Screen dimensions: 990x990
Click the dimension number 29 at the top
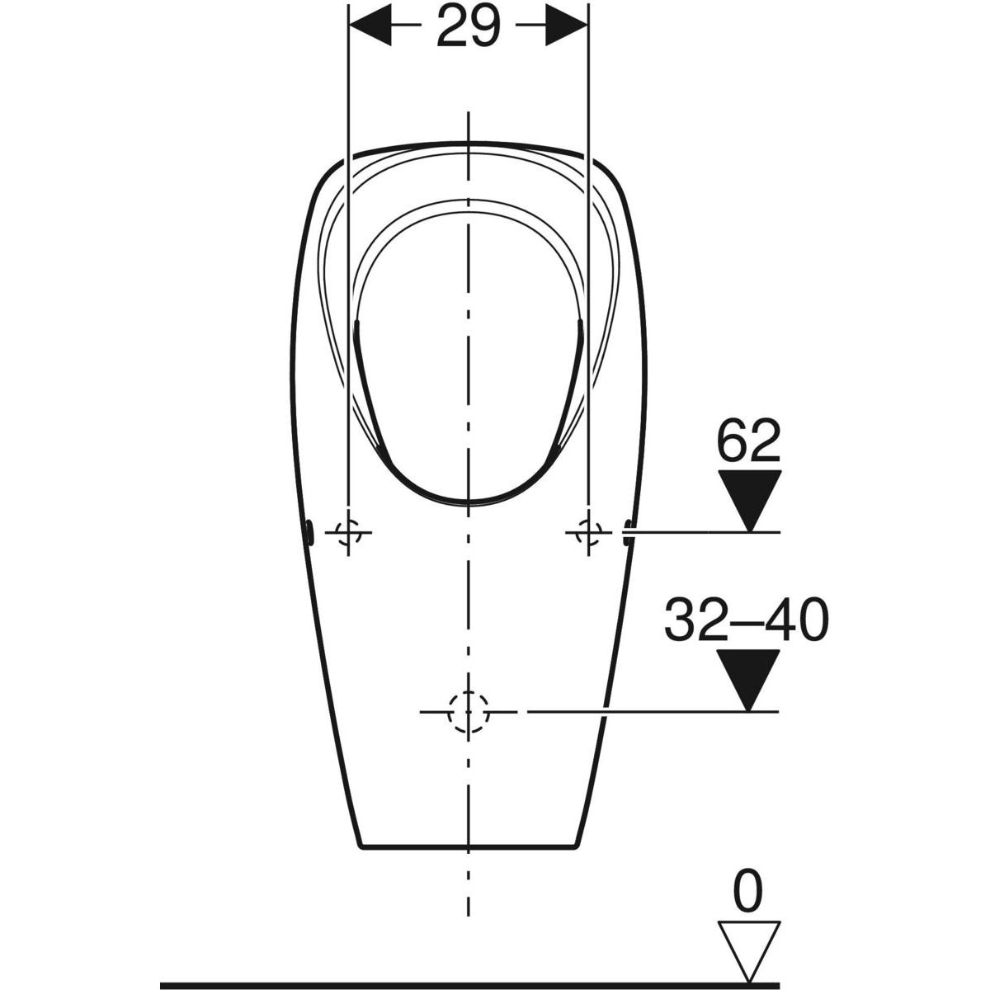[468, 26]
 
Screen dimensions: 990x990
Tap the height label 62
[748, 440]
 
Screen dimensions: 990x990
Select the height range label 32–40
[747, 620]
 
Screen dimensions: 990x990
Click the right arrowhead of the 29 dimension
[566, 25]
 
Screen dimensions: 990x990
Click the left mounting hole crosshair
[348, 533]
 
